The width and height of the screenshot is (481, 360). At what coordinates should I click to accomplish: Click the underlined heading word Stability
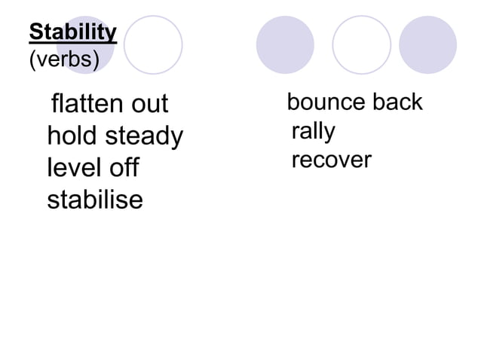click(72, 33)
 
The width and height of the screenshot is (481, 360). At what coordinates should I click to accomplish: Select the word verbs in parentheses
click(64, 59)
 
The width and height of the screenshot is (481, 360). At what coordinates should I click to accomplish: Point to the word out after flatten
click(149, 103)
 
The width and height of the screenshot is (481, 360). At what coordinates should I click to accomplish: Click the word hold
click(72, 136)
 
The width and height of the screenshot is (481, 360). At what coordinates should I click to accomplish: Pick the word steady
click(144, 136)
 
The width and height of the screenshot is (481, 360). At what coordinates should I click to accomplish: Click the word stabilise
click(95, 200)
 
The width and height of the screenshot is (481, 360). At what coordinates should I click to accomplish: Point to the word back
click(398, 102)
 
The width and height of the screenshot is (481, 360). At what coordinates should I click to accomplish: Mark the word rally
click(313, 132)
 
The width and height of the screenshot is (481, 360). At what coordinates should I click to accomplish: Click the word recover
click(331, 160)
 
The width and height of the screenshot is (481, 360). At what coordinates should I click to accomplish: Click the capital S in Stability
click(35, 33)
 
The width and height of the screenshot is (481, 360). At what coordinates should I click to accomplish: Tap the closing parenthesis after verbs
click(96, 59)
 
